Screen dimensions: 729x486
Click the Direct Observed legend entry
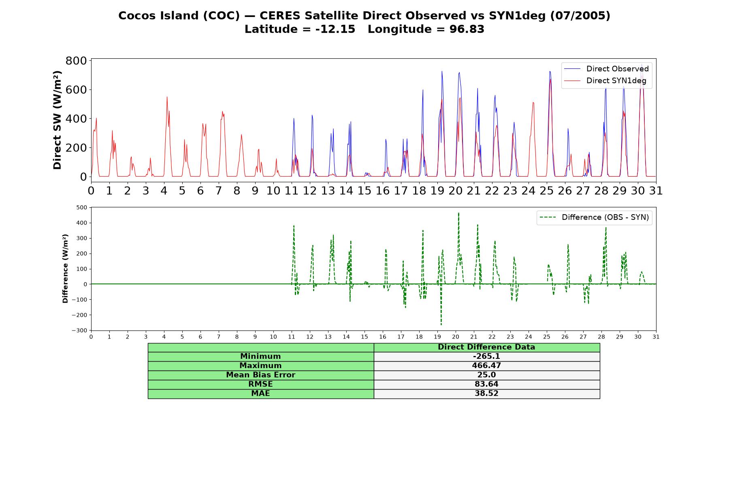click(x=606, y=69)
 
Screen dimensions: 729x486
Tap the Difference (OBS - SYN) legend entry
click(x=594, y=217)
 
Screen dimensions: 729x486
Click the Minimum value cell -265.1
click(x=486, y=356)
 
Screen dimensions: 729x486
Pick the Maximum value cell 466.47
click(x=486, y=366)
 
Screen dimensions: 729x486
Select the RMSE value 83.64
click(x=486, y=384)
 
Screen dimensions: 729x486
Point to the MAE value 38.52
click(x=486, y=394)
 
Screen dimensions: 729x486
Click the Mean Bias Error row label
click(x=260, y=375)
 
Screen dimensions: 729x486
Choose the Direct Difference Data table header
click(x=486, y=347)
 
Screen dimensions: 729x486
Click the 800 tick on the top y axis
click(x=76, y=61)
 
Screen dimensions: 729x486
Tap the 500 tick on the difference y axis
click(x=81, y=207)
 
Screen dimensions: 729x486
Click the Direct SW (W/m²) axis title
click(x=58, y=120)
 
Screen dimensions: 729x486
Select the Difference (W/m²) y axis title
click(x=66, y=269)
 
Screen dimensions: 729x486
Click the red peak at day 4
click(x=167, y=97)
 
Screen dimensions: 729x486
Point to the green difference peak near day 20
click(x=458, y=213)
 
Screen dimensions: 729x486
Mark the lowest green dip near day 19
click(x=441, y=324)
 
